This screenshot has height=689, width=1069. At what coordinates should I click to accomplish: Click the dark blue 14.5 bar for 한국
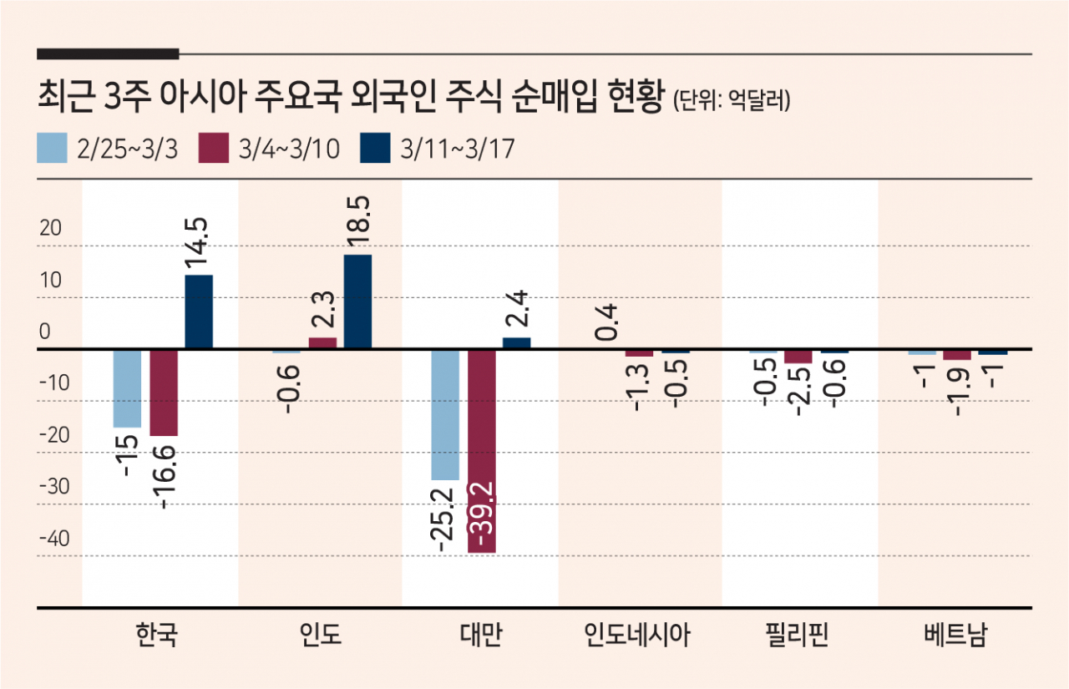(x=199, y=312)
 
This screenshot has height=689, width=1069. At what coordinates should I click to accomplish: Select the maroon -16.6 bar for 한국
(x=164, y=393)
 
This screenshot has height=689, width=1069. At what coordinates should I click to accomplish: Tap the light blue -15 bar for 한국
(x=128, y=388)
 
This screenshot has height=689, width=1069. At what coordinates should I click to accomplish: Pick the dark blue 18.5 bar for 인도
(x=358, y=302)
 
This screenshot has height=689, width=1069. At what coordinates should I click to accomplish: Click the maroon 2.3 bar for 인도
(x=322, y=343)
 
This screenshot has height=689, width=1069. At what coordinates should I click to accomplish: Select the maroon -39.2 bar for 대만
(x=482, y=451)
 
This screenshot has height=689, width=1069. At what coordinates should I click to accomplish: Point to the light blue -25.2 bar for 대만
(x=445, y=414)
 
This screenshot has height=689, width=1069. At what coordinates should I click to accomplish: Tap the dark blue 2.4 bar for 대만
(x=516, y=343)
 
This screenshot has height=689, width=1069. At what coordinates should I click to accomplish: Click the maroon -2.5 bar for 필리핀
(x=798, y=357)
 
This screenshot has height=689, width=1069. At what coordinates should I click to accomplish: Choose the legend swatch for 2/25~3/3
(x=52, y=148)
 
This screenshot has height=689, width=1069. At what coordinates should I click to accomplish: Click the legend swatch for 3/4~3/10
(x=213, y=148)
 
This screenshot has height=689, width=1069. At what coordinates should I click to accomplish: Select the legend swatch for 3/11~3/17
(x=375, y=148)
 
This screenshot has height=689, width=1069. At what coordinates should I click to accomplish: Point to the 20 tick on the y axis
(x=51, y=228)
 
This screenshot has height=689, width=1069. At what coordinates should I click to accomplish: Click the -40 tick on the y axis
(x=54, y=538)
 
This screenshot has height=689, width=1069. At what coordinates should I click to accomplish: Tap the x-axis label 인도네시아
(x=637, y=634)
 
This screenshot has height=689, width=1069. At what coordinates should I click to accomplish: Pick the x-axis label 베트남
(x=955, y=634)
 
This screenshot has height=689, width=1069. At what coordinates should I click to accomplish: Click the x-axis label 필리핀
(x=797, y=634)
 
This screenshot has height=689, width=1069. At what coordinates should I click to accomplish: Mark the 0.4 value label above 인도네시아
(x=606, y=322)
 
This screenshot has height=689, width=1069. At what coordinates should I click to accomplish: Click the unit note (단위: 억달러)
(x=731, y=100)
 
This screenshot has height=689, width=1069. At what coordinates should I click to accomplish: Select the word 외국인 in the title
(x=393, y=96)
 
